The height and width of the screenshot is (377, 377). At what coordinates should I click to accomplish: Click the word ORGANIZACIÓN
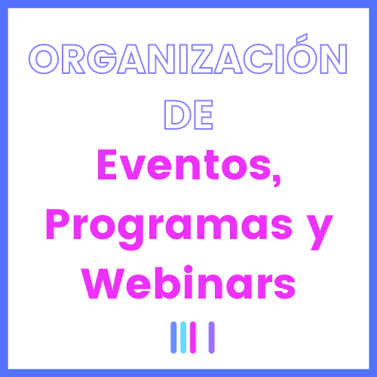(188, 59)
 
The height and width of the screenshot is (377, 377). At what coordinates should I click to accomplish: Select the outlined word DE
(188, 115)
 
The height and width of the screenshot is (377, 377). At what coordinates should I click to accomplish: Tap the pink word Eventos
(185, 164)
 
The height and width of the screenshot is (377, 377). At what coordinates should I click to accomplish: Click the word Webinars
(189, 283)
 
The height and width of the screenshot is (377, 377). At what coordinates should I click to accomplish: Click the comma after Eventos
(277, 180)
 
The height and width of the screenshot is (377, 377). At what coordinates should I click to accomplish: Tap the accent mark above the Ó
(302, 37)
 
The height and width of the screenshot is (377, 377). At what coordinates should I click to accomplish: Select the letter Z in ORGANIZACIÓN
(202, 59)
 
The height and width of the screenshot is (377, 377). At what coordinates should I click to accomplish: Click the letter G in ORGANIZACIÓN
(103, 59)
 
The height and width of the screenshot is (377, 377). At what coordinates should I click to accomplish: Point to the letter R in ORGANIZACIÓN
(73, 59)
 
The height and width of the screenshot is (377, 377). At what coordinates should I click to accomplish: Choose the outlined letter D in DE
(177, 115)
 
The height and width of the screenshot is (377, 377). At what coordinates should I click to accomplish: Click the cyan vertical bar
(183, 337)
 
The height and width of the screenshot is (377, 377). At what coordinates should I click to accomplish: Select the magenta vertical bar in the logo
(193, 337)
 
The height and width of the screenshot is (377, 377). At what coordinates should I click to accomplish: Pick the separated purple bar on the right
(212, 337)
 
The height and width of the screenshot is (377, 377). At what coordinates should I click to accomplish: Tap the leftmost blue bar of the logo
(173, 337)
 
